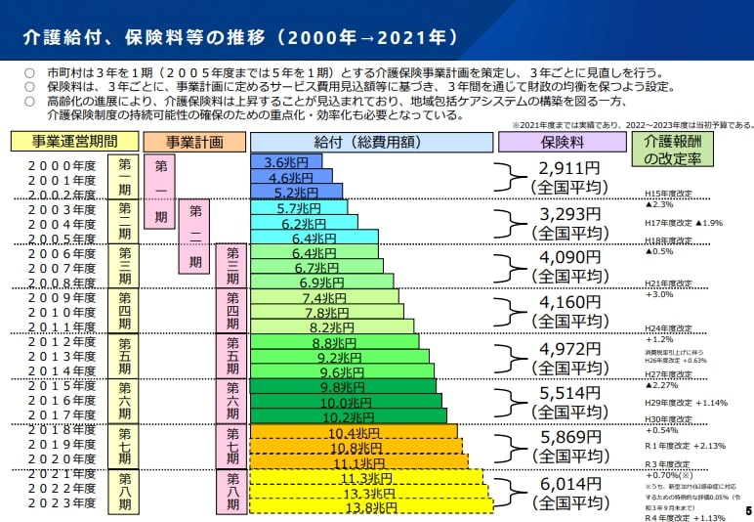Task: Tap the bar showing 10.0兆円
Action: coord(346,403)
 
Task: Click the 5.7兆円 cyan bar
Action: coord(299,208)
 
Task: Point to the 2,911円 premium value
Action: coord(566,168)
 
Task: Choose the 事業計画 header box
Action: coord(192,142)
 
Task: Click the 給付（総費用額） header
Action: coord(370,142)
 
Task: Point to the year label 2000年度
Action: coord(62,166)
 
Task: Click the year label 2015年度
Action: coord(62,387)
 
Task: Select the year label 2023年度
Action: coord(62,504)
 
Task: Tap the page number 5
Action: coord(747,510)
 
